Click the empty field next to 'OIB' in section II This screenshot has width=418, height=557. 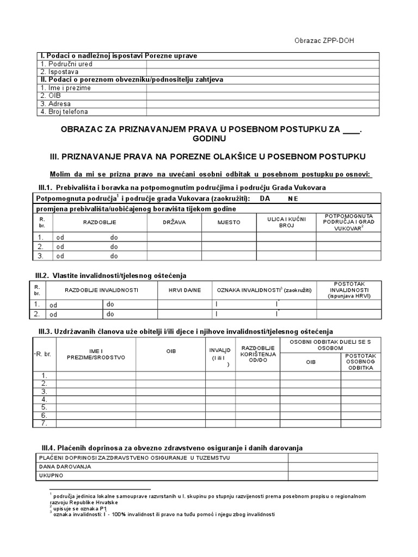pyautogui.click(x=262, y=96)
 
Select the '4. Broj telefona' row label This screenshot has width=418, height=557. pyautogui.click(x=64, y=112)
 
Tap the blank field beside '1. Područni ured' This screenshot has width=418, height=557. pyautogui.click(x=262, y=64)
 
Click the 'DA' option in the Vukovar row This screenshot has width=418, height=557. pyautogui.click(x=265, y=199)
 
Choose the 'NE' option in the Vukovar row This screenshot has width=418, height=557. pyautogui.click(x=293, y=199)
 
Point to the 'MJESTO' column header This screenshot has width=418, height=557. pyautogui.click(x=229, y=222)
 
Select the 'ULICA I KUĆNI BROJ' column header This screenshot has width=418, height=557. pyautogui.click(x=286, y=222)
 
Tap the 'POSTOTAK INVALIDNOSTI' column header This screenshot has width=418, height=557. pyautogui.click(x=349, y=290)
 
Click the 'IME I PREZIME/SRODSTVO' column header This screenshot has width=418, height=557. pyautogui.click(x=96, y=354)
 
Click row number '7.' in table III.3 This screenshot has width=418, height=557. pyautogui.click(x=45, y=423)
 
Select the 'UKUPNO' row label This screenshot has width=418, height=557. pyautogui.click(x=51, y=475)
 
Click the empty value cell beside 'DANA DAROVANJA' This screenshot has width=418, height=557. pyautogui.click(x=333, y=467)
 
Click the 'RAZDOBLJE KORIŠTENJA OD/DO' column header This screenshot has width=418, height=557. pyautogui.click(x=258, y=354)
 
